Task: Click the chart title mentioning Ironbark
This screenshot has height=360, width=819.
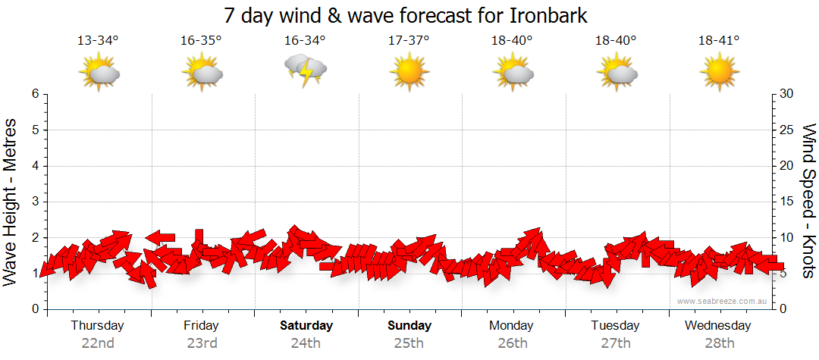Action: click(406, 15)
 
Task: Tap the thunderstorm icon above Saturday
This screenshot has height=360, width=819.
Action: click(306, 70)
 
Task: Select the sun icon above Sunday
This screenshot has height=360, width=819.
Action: click(409, 72)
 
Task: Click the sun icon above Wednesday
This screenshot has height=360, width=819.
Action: click(718, 72)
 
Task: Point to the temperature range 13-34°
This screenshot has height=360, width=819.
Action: click(98, 40)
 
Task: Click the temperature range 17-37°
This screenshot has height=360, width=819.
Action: click(409, 40)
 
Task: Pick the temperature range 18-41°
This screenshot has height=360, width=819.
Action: click(718, 40)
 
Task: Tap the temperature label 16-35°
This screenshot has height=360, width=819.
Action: click(201, 40)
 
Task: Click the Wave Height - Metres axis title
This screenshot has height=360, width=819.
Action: click(11, 202)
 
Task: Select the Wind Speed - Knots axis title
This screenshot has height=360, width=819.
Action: click(808, 202)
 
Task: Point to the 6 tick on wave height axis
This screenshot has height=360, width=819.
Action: click(35, 94)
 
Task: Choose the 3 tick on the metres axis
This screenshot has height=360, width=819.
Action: click(35, 202)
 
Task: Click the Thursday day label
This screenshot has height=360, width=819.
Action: click(97, 326)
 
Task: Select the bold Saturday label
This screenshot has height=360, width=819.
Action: click(306, 326)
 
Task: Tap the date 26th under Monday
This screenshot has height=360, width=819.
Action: click(513, 343)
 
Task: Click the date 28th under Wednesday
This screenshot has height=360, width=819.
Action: click(718, 343)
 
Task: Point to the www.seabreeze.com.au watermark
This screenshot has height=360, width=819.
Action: click(723, 301)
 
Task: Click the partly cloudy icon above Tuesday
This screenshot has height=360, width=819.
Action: click(617, 72)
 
